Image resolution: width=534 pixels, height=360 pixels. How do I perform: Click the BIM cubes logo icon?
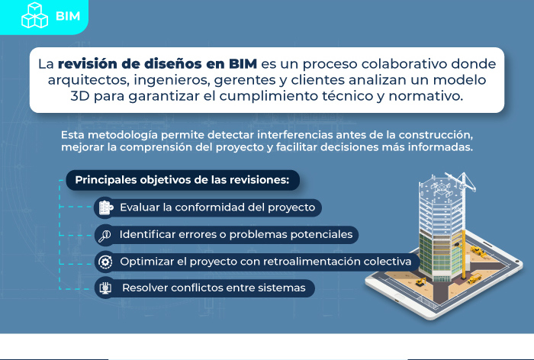pyautogui.click(x=34, y=15)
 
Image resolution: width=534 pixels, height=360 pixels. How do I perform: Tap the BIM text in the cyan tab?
pyautogui.click(x=68, y=16)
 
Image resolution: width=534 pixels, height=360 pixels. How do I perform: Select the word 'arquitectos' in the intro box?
pyautogui.click(x=88, y=80)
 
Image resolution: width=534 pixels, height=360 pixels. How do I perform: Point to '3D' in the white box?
pyautogui.click(x=79, y=96)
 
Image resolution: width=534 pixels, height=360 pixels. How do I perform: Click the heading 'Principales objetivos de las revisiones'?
pyautogui.click(x=182, y=180)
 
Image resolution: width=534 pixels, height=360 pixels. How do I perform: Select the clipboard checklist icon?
pyautogui.click(x=105, y=207)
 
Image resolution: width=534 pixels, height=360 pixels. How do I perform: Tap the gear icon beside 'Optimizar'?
pyautogui.click(x=105, y=262)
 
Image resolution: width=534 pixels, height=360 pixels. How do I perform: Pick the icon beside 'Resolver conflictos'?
pyautogui.click(x=105, y=288)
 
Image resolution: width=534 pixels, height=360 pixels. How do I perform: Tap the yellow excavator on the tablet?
pyautogui.click(x=421, y=281)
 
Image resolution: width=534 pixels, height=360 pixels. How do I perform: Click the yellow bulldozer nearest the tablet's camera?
pyautogui.click(x=478, y=252)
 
